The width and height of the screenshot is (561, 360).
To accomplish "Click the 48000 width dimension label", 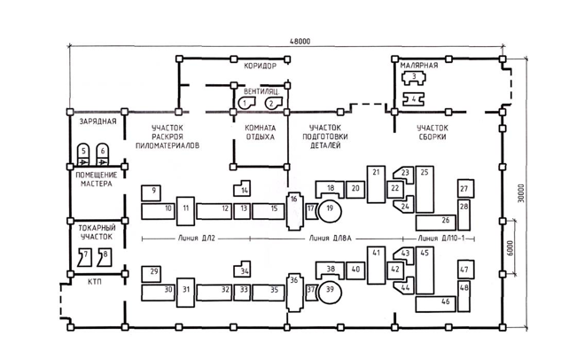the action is click(300, 42).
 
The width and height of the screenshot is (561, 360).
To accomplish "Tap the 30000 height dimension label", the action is click(521, 193).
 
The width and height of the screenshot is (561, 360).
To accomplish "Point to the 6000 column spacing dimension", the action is click(510, 248).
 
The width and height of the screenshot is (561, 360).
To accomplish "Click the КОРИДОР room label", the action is click(260, 67).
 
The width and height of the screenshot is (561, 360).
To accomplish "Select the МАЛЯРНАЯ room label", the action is click(418, 66).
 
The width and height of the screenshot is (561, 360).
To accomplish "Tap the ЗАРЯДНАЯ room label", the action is click(97, 121).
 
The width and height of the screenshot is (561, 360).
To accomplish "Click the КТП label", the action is click(95, 282).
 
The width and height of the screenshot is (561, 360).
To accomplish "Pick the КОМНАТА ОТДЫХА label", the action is click(260, 132).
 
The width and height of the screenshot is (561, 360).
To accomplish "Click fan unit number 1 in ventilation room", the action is click(247, 103).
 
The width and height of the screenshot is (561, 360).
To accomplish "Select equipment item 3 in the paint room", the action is click(414, 78).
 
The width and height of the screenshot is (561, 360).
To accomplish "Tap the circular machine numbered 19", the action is click(330, 211).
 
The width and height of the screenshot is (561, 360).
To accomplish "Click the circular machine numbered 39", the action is click(330, 292).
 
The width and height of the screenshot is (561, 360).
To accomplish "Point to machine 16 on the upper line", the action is click(294, 211).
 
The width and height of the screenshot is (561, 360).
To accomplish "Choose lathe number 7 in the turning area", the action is click(85, 258).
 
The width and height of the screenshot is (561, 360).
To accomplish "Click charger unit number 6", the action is click(103, 154).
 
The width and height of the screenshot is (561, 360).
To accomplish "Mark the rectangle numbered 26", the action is click(436, 223).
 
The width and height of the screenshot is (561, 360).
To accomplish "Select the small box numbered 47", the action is click(466, 270).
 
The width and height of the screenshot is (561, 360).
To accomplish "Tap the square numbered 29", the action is click(151, 275).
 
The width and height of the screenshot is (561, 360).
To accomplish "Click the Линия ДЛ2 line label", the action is click(197, 239).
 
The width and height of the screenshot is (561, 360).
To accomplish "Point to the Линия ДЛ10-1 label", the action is click(441, 239).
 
